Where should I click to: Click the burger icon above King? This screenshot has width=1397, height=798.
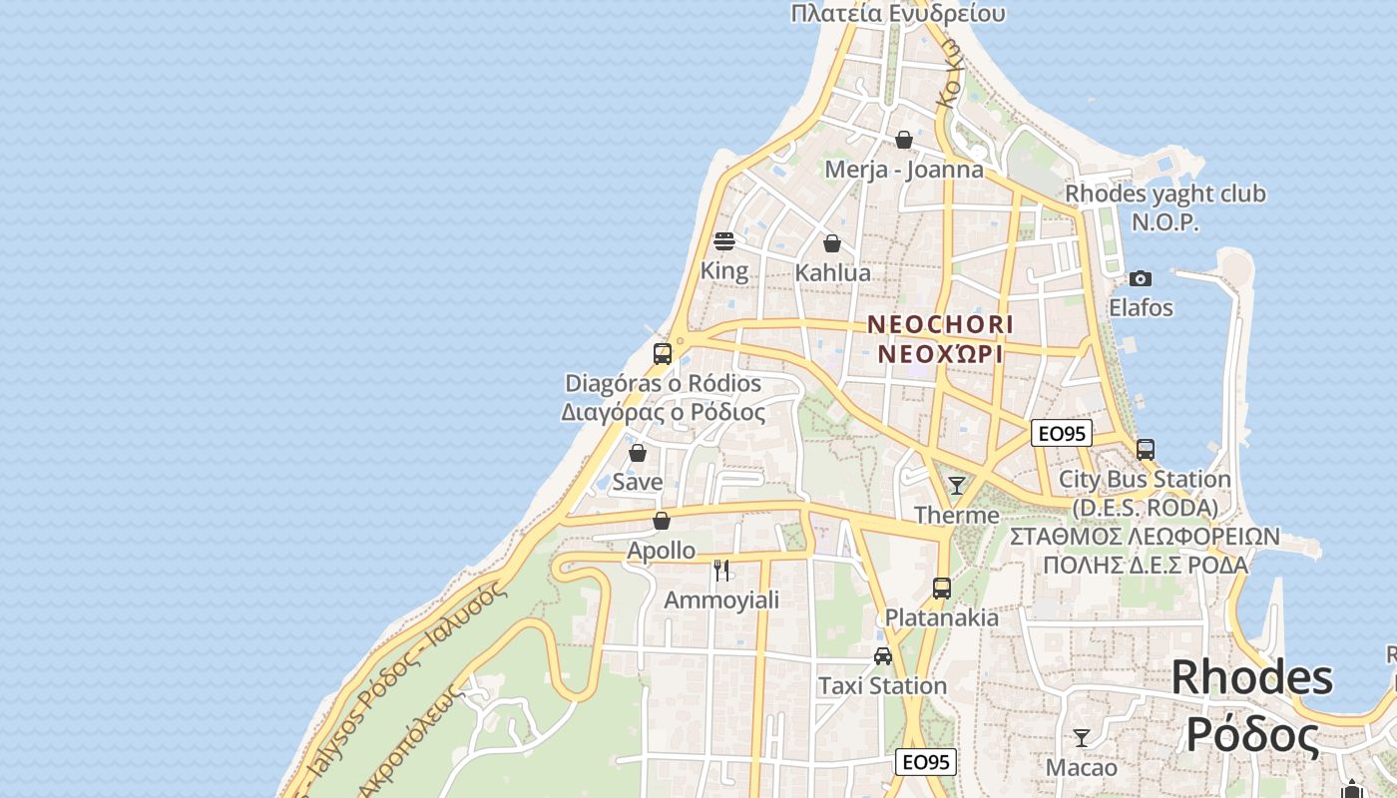[724, 240]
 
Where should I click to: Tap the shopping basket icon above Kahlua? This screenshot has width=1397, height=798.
[832, 242]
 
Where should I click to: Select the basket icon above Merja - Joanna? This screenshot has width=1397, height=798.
[904, 140]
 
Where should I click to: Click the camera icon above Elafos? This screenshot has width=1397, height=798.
[1141, 278]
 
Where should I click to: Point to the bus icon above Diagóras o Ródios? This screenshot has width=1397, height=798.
[663, 353]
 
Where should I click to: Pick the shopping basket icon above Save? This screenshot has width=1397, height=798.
[638, 453]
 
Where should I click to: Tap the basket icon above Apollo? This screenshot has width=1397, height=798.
[662, 521]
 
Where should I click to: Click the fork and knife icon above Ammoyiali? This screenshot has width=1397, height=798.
[721, 571]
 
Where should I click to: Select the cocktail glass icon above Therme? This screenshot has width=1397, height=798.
[957, 486]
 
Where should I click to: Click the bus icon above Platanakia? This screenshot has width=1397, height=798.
[942, 588]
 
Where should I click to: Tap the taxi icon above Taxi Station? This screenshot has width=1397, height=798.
[883, 655]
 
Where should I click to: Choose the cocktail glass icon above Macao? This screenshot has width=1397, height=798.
[1081, 738]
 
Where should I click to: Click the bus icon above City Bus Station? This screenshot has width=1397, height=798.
[1146, 449]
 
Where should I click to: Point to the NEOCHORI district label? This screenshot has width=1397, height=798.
[940, 324]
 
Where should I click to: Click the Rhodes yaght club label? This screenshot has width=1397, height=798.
[1165, 194]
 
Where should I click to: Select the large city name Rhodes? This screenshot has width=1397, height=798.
[1252, 677]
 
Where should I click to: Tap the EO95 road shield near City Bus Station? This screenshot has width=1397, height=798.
[1062, 433]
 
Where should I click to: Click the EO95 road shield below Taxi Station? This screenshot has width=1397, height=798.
[926, 762]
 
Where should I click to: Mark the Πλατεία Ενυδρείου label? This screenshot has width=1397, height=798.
[897, 13]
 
